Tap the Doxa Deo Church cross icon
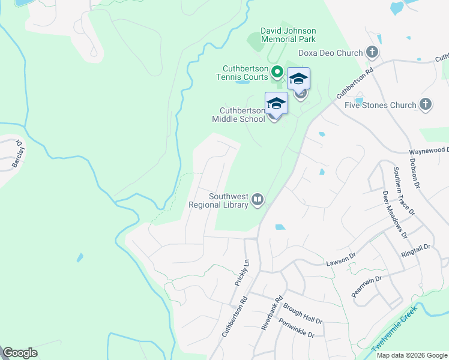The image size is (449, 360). tap(372, 53)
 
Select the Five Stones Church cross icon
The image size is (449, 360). tap(426, 105)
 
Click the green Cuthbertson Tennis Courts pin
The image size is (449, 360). tap(277, 73)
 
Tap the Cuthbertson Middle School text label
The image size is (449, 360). tap(242, 115)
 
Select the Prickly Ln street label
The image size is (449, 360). tap(245, 272)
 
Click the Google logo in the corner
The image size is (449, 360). tap(20, 353)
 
